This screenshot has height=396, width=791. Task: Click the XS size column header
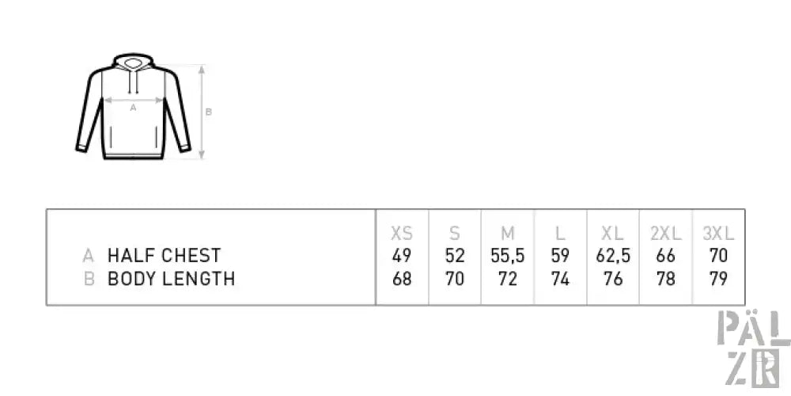coord(402,234)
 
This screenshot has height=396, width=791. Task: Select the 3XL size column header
coord(718,234)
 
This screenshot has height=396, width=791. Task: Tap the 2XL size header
coord(666,234)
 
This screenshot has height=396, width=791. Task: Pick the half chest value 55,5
coord(508,256)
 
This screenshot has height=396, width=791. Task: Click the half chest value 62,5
coord(613,256)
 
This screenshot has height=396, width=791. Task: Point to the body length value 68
coord(402,279)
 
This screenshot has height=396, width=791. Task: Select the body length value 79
coord(718,279)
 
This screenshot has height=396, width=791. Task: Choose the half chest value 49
coord(402,256)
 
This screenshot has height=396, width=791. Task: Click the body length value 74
coord(560,279)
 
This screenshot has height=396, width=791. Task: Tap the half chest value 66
coord(666,256)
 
